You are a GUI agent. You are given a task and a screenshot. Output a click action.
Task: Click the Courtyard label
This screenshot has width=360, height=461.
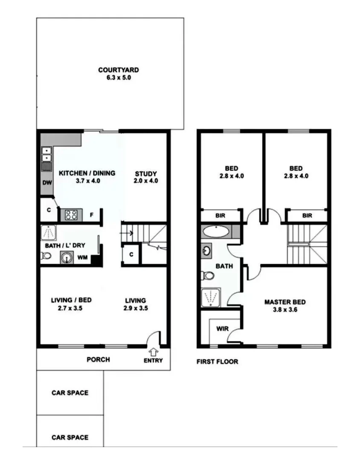(x=118, y=70)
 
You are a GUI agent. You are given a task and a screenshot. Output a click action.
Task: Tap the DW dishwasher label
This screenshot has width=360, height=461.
(x=47, y=183)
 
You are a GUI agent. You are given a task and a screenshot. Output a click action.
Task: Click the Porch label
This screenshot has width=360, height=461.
(x=98, y=359)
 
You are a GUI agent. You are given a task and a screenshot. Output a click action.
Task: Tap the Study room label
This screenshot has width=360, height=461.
(x=146, y=174)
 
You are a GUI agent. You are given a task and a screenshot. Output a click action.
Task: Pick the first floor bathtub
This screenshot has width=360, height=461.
(x=216, y=232)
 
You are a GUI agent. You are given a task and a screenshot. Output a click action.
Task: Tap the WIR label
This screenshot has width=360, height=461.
(x=222, y=329)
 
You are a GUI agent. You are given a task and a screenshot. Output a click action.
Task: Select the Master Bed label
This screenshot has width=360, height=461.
(x=285, y=302)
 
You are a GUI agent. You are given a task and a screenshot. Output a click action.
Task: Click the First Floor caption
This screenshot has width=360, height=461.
(x=217, y=362)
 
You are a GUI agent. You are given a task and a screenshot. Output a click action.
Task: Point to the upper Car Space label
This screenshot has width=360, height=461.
(x=70, y=393)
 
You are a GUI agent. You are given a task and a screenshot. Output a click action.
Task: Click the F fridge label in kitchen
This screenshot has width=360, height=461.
(x=91, y=215)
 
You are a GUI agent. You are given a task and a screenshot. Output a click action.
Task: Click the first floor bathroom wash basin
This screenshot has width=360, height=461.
(x=206, y=250)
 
